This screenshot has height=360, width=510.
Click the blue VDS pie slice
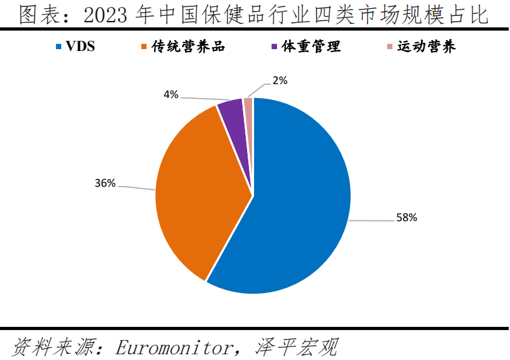click(299, 204)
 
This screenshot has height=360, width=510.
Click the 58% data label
click(406, 218)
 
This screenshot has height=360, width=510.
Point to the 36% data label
click(105, 184)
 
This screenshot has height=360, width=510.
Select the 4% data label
click(171, 95)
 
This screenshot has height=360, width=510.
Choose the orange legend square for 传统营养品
click(145, 47)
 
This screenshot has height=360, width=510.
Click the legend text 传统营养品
click(187, 47)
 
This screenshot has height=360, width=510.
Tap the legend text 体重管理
click(309, 47)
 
